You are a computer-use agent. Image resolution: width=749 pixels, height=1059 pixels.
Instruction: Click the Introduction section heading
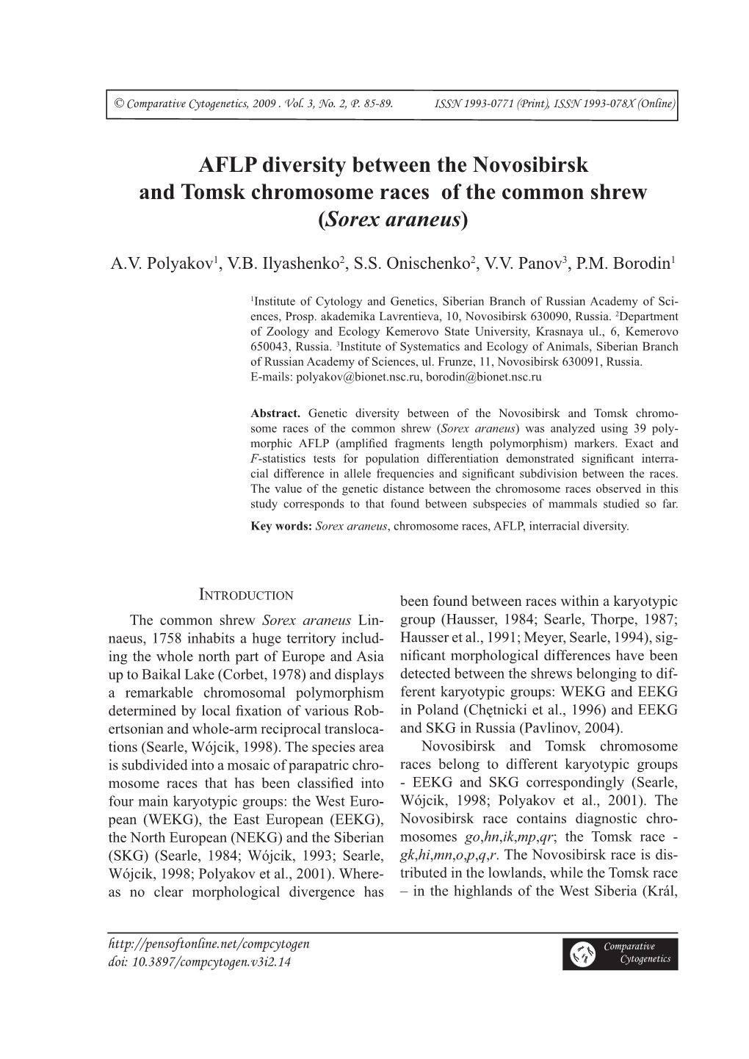pyautogui.click(x=247, y=595)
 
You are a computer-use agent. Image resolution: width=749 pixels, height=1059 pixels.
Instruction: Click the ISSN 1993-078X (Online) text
pyautogui.click(x=619, y=104)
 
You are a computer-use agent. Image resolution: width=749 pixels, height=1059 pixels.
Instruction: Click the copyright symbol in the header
pyautogui.click(x=119, y=104)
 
